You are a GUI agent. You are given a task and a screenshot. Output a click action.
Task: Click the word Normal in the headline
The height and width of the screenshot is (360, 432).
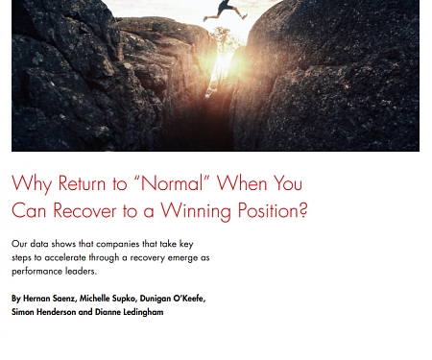(170, 183)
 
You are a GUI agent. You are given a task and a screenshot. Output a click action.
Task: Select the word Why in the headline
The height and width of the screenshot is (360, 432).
(32, 183)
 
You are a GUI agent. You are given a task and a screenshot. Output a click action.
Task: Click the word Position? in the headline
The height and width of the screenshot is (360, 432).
(276, 210)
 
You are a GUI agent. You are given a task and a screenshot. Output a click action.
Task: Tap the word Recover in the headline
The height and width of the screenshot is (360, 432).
(84, 210)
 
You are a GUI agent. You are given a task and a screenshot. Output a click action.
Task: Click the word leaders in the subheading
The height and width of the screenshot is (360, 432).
(78, 271)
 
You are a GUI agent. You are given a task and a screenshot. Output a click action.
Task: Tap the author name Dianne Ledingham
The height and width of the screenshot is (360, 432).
(129, 312)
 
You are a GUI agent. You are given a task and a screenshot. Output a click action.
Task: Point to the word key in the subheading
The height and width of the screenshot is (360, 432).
(184, 244)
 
